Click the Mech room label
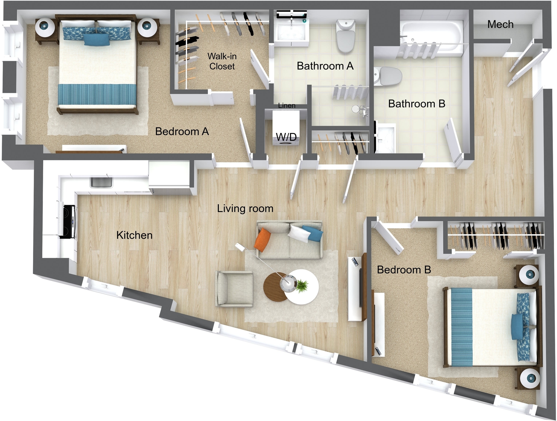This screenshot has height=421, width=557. (x=500, y=24)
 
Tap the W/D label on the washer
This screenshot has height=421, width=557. (x=286, y=137)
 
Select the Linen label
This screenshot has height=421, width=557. (x=286, y=106)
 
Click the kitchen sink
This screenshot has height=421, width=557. (x=101, y=182)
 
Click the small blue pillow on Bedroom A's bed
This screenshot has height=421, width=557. (x=97, y=40)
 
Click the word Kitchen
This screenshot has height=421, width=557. (x=134, y=235)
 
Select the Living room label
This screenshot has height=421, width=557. (x=245, y=209)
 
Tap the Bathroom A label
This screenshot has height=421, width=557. (x=325, y=66)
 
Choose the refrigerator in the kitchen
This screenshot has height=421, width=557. (x=169, y=177)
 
